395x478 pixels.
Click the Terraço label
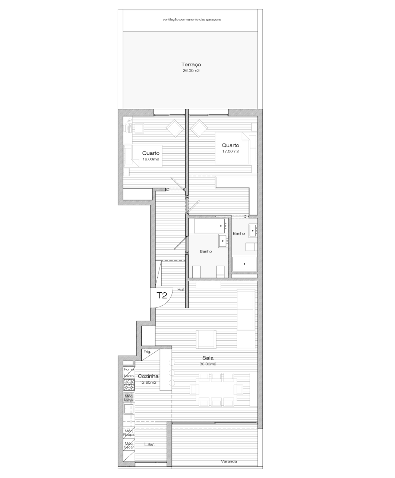pyautogui.click(x=191, y=65)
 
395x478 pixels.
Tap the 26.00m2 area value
pyautogui.click(x=191, y=70)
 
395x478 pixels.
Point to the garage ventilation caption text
pyautogui.click(x=192, y=19)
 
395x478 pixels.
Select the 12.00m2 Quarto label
pyautogui.click(x=151, y=153)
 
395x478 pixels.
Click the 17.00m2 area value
pyautogui.click(x=230, y=151)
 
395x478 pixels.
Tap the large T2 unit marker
pyautogui.click(x=162, y=296)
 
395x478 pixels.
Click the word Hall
pyautogui.click(x=181, y=290)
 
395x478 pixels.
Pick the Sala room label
pyautogui.click(x=208, y=358)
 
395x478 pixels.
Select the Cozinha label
pyautogui.click(x=148, y=376)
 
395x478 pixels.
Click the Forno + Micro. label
pyautogui.click(x=129, y=372)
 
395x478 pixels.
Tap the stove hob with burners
pyautogui.click(x=129, y=384)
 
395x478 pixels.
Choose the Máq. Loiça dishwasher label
pyautogui.click(x=129, y=397)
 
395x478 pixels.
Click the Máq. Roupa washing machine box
pyautogui.click(x=129, y=433)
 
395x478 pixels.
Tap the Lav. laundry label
pyautogui.click(x=150, y=444)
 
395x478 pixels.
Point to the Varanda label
pyautogui.click(x=229, y=461)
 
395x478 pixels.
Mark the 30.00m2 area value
pyautogui.click(x=208, y=364)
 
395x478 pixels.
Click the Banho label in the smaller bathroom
pyautogui.click(x=239, y=233)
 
